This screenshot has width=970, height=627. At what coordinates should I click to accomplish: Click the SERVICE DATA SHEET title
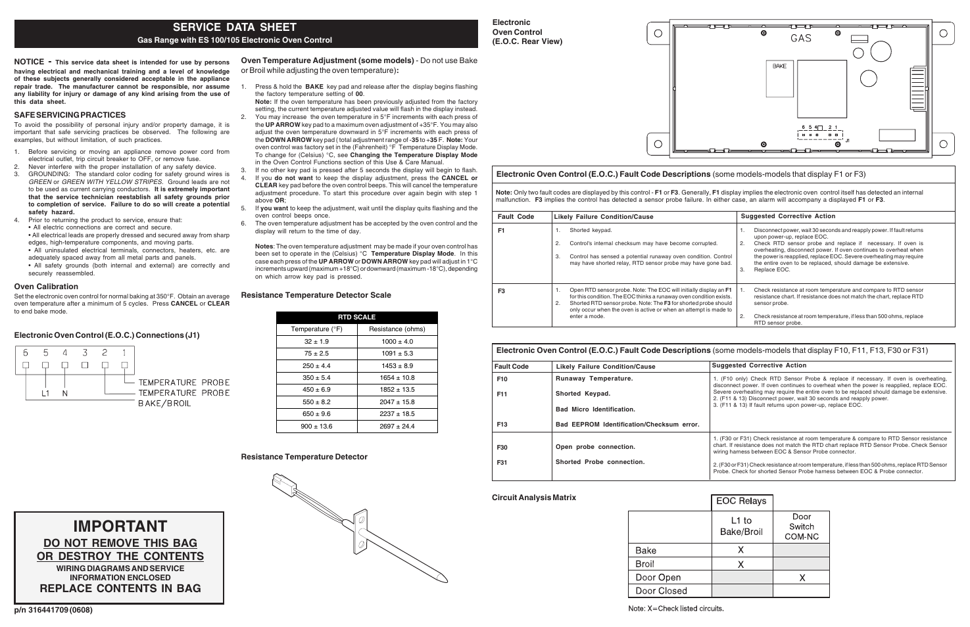tap(234, 27)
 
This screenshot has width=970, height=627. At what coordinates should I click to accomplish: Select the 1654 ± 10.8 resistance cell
tap(397, 378)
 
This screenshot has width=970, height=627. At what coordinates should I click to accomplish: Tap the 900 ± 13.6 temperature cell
tap(317, 427)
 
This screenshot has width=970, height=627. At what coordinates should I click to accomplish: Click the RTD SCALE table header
tap(356, 317)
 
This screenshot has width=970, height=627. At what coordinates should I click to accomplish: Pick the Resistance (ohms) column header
tap(397, 329)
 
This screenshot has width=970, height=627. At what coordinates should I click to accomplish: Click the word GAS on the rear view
tap(800, 39)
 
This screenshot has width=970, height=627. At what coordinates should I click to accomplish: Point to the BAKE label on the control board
tap(779, 66)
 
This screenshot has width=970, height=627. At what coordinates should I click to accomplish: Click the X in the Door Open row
tap(802, 578)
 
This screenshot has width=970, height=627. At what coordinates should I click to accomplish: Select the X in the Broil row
tap(740, 565)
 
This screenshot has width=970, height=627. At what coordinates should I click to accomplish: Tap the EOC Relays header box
tap(741, 501)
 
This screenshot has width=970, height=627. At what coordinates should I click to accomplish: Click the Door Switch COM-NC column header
tap(801, 526)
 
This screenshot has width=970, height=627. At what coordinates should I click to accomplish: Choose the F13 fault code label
tap(502, 425)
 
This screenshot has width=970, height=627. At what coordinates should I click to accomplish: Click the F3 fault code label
tap(501, 290)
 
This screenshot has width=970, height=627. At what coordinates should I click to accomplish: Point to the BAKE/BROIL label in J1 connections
tap(164, 404)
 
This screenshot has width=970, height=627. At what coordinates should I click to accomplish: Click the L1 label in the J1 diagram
tap(45, 394)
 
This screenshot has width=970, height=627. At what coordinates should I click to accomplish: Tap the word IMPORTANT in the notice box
tap(120, 526)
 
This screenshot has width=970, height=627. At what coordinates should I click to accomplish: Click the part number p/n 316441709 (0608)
tap(54, 610)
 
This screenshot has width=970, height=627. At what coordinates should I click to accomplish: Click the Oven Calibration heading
tap(46, 287)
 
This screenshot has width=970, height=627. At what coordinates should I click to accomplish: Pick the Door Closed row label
tap(661, 591)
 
